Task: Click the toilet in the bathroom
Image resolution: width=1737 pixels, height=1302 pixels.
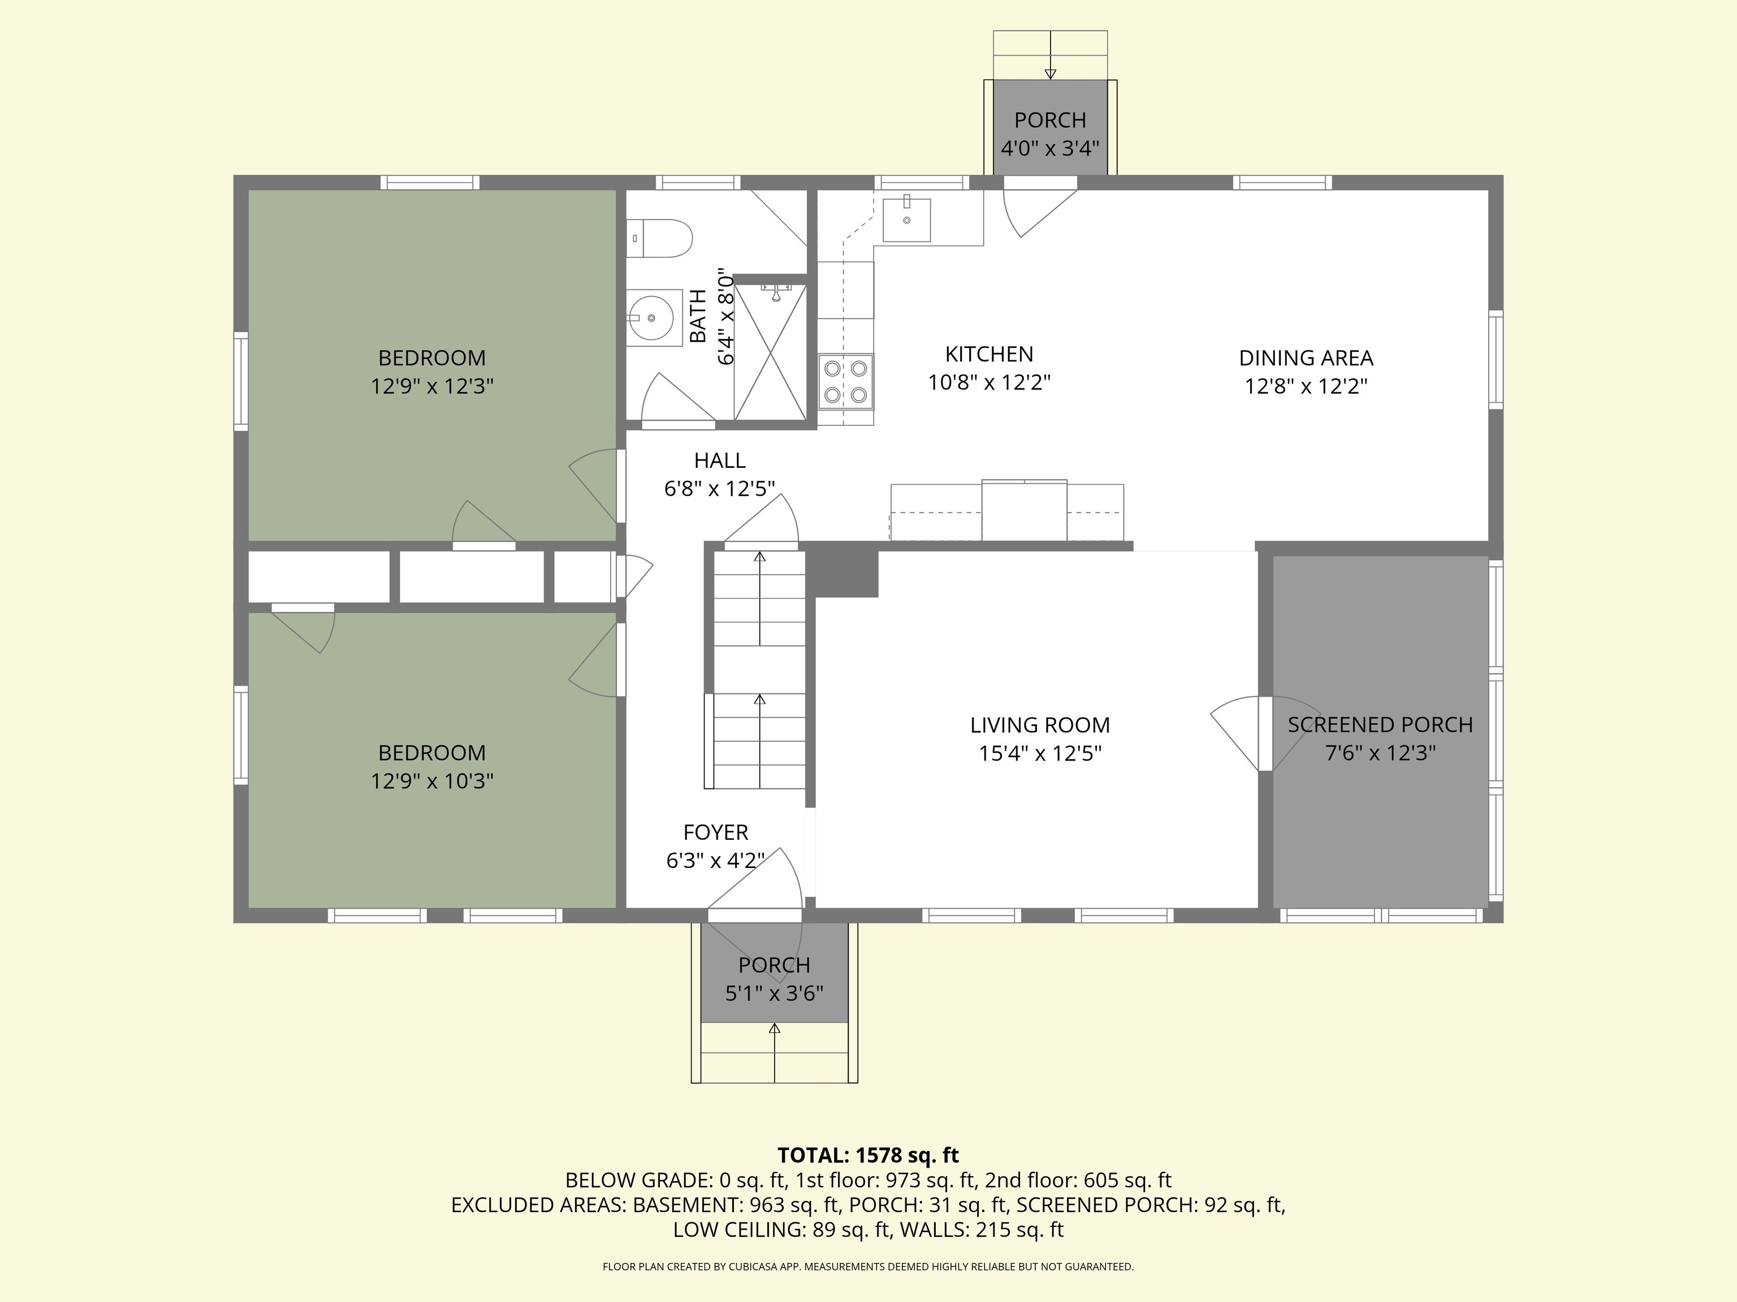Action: pos(660,238)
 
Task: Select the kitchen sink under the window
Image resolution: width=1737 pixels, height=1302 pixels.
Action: pos(906,220)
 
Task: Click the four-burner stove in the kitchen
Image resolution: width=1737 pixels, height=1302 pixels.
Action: pos(846,381)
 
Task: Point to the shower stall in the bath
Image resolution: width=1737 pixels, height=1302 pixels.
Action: pos(770,351)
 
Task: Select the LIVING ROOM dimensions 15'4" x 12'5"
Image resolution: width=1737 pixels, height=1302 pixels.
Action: pos(1040,753)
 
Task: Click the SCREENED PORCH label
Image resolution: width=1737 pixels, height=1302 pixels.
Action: pos(1380,724)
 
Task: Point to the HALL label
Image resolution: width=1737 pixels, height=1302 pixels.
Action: pos(719,460)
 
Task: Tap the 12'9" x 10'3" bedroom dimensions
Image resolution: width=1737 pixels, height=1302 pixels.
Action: pos(432,781)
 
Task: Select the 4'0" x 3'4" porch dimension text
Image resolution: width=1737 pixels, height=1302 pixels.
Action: pos(1050,147)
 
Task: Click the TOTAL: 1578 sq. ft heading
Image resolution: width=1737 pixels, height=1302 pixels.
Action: pos(868,1155)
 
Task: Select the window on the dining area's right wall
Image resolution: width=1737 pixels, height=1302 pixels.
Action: pos(1496,359)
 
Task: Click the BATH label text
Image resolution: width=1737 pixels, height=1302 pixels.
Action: pos(697,316)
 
